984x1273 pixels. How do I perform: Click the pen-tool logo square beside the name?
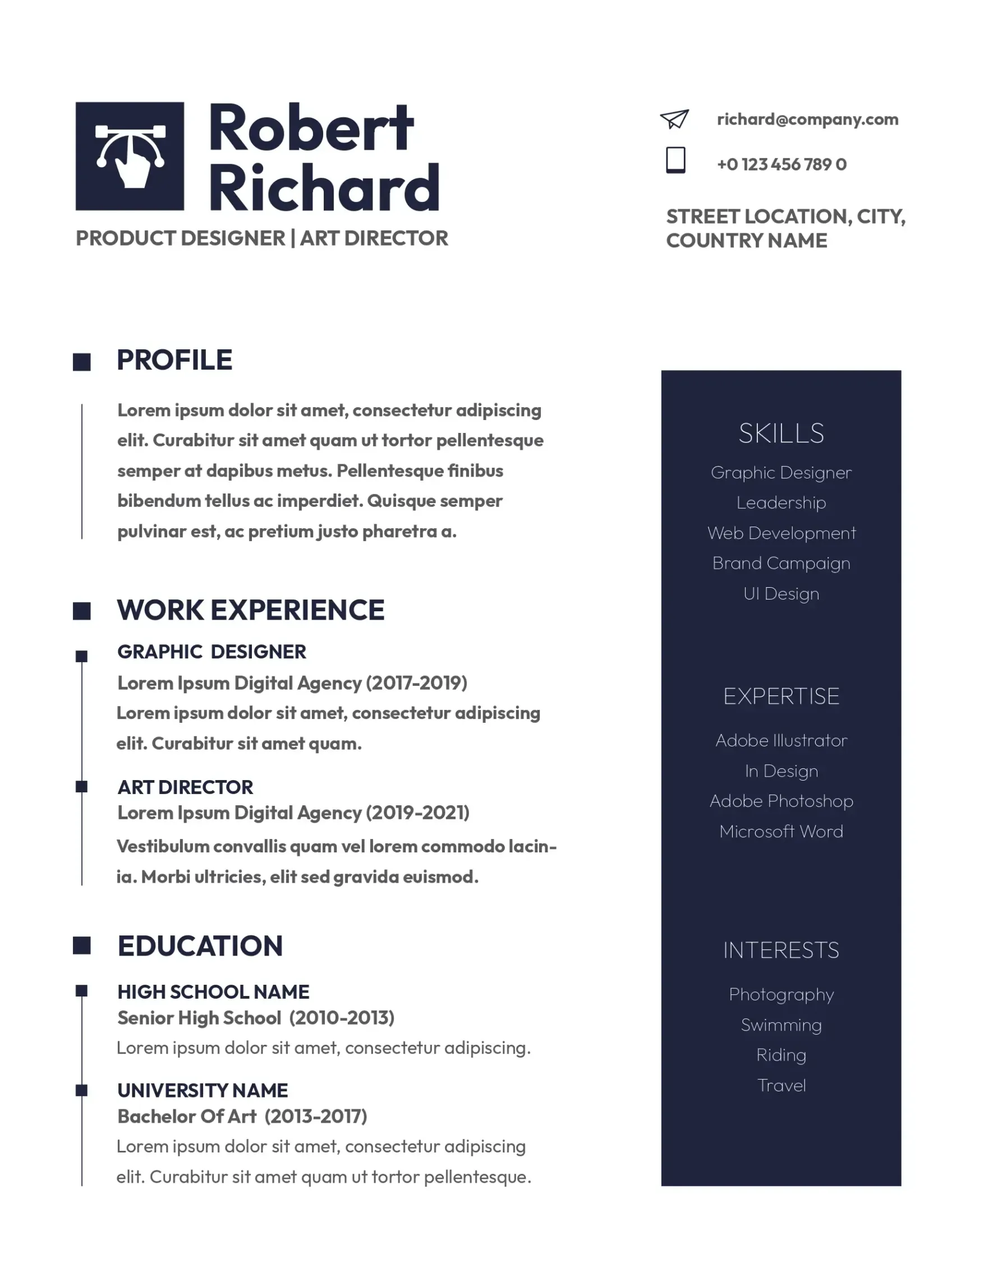coord(130,156)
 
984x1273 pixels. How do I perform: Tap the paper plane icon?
coord(674,119)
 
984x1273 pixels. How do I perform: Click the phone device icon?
coord(675,160)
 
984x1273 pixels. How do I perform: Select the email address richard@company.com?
coord(807,119)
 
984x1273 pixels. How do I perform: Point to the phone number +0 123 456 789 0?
coord(781,164)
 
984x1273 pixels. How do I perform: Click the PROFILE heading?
coord(174,360)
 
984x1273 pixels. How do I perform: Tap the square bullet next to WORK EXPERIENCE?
coord(81,611)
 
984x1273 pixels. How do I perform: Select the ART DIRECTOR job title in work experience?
coord(185,787)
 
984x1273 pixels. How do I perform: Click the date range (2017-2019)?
coord(416,682)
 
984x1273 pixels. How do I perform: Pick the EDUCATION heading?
coord(200,946)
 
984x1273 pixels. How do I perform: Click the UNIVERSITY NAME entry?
coord(203,1090)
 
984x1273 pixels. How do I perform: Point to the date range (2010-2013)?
coord(342,1018)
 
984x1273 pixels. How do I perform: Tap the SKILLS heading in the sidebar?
coord(781,433)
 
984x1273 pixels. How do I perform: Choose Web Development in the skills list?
coord(781,533)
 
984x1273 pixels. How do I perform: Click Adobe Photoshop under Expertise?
coord(781,801)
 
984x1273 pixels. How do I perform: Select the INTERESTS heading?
coord(781,950)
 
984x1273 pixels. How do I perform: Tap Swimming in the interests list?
coord(781,1025)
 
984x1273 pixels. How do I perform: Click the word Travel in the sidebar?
coord(781,1085)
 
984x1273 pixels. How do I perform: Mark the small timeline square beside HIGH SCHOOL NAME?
coord(81,991)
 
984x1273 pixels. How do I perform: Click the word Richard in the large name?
coord(324,188)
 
